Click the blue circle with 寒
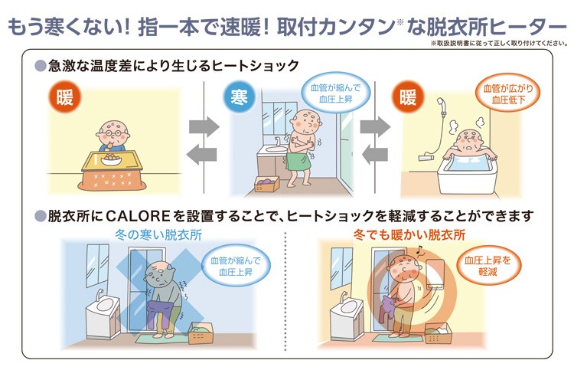pyautogui.click(x=238, y=98)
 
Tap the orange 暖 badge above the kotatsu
pyautogui.click(x=64, y=98)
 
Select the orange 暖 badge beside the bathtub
pyautogui.click(x=406, y=98)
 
